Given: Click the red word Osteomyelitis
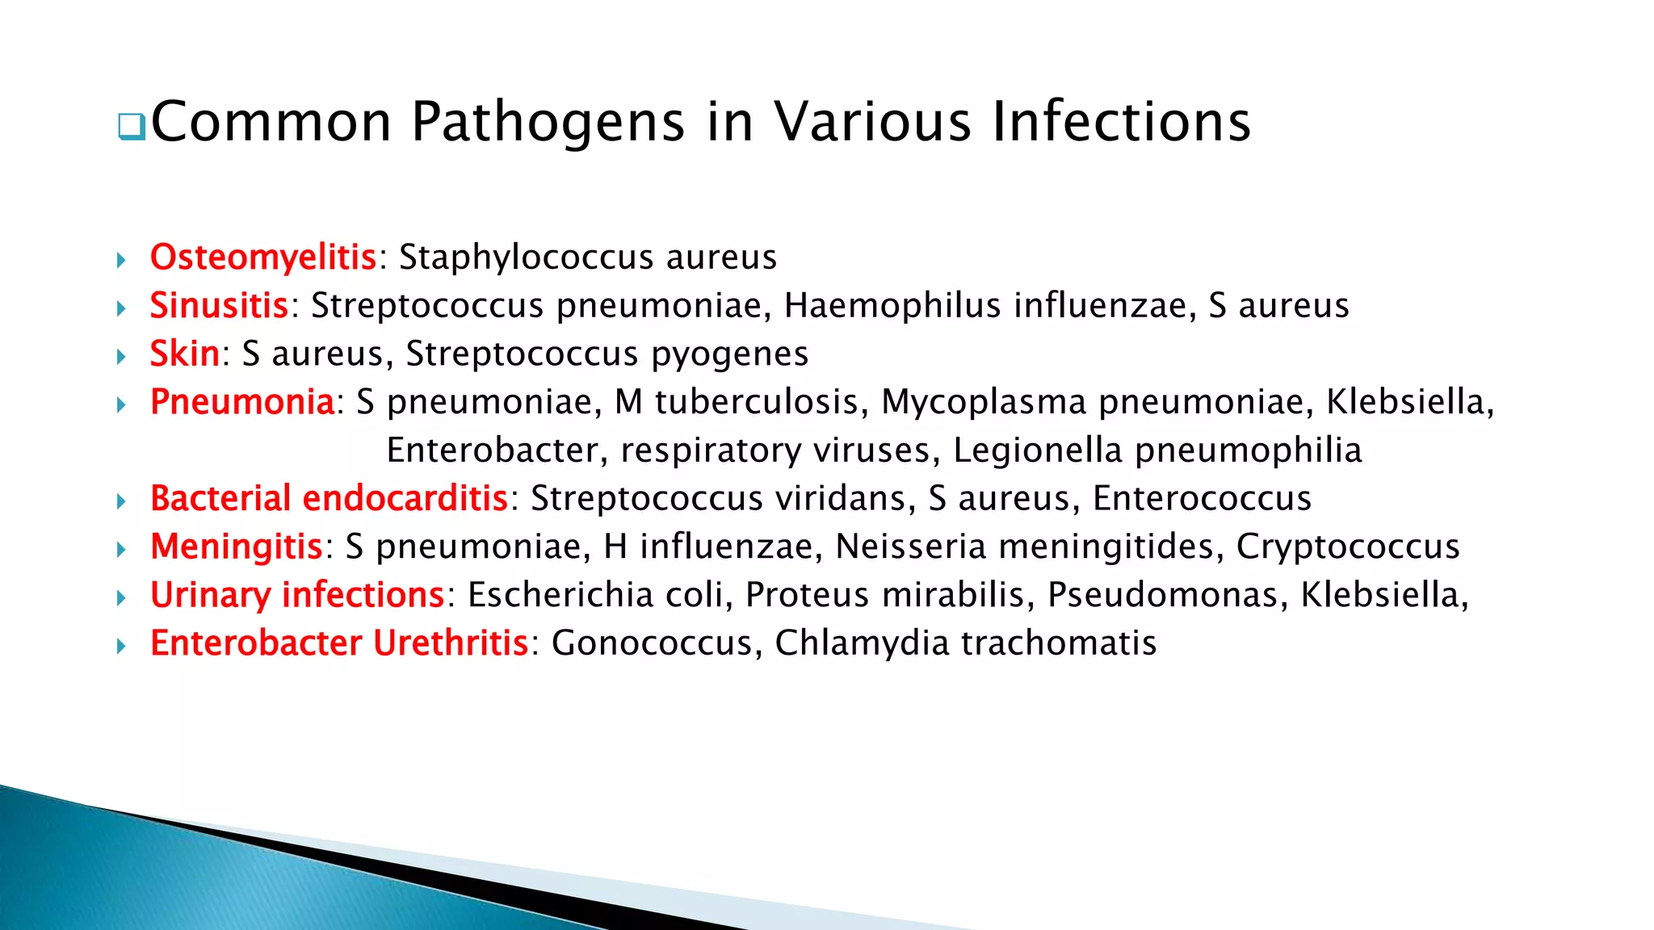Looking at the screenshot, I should click(x=263, y=258).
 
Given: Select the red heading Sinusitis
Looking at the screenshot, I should click(x=219, y=306).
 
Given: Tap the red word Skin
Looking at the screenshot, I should click(x=185, y=354).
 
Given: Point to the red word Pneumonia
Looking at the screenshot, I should click(x=242, y=402).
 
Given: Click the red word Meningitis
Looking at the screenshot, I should click(x=237, y=547).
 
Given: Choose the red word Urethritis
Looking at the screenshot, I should click(x=451, y=643).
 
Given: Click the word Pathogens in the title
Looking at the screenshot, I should click(x=548, y=122).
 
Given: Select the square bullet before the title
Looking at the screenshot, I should click(x=131, y=127).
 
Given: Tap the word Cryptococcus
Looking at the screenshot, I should click(x=1348, y=547).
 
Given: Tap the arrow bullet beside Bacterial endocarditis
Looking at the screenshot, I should click(x=121, y=501).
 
